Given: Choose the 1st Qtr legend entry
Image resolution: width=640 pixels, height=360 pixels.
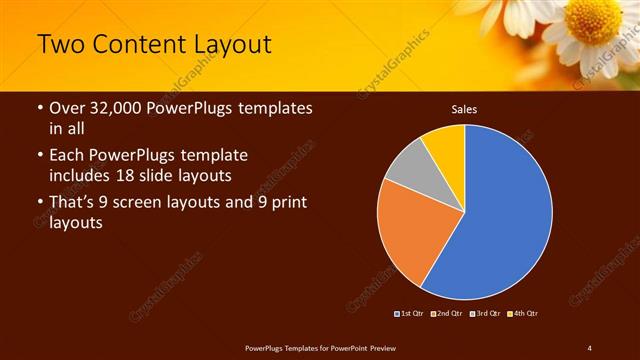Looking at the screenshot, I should pyautogui.click(x=410, y=314).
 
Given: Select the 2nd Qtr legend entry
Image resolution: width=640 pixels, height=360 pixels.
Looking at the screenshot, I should pyautogui.click(x=446, y=314).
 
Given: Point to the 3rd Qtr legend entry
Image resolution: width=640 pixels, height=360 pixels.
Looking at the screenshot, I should pyautogui.click(x=484, y=314).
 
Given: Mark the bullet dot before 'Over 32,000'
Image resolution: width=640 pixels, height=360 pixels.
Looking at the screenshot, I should pyautogui.click(x=39, y=109).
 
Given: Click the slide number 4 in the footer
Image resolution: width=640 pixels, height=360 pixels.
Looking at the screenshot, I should pyautogui.click(x=589, y=346).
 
